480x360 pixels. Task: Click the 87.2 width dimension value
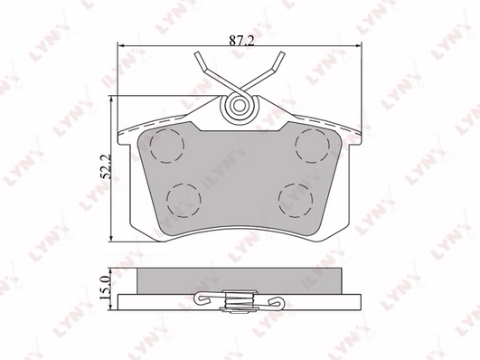coord(242,41)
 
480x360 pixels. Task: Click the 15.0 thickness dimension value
coord(105,288)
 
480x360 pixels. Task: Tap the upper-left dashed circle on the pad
coord(167,146)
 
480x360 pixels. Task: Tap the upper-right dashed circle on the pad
coord(313,146)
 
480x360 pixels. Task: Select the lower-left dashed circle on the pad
coord(184,201)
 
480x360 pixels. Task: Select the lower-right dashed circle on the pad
coord(296,201)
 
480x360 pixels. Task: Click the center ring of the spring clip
coord(240,106)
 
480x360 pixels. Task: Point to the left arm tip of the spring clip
coord(197,54)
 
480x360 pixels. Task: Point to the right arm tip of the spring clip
coord(282,54)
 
